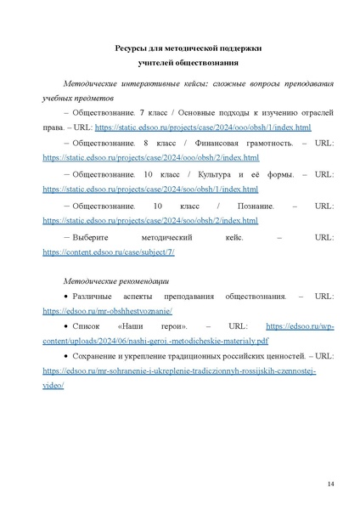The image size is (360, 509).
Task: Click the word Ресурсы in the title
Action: pos(131,49)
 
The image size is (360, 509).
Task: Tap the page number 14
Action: pos(330,484)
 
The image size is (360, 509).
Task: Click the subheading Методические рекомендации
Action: pos(116,280)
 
